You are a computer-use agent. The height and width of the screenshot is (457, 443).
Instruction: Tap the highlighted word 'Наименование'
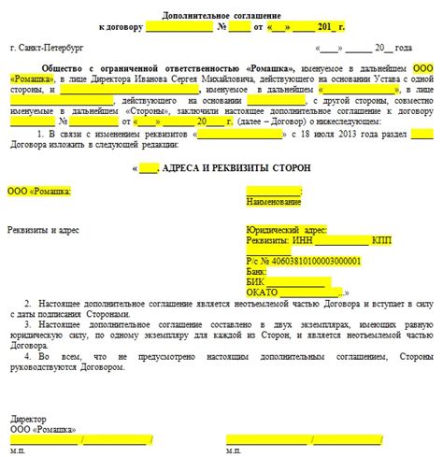point(274,201)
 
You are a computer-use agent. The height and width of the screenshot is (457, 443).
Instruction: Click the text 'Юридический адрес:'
point(285,229)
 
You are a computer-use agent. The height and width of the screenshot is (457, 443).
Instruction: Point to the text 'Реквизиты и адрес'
point(43,229)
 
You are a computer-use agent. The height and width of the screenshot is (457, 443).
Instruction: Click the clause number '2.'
point(28,306)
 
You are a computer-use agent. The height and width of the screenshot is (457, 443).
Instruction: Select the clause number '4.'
point(28,356)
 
